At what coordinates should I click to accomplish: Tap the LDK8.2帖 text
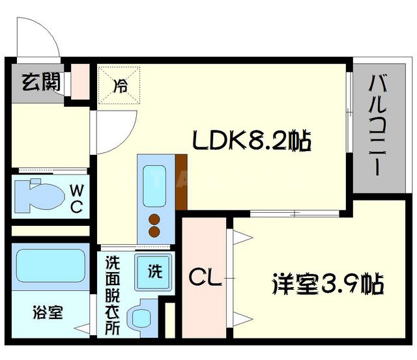[x=250, y=140]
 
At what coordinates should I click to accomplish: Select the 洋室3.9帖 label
[x=326, y=284]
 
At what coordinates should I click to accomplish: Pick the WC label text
[x=76, y=199]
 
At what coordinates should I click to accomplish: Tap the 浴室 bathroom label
[x=48, y=312]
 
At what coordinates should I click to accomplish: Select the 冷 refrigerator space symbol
[x=121, y=85]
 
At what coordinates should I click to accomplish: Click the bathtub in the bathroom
[x=50, y=265]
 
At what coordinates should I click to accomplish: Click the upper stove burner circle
[x=155, y=219]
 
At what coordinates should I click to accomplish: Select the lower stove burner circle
[x=155, y=230]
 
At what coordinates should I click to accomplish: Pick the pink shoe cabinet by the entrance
[x=79, y=81]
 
